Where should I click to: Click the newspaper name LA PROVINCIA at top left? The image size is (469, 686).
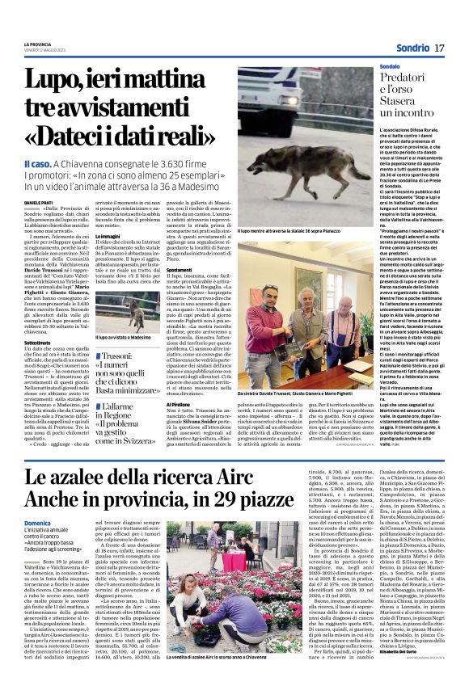pos(36,44)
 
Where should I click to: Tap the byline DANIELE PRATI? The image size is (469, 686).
pos(36,201)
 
